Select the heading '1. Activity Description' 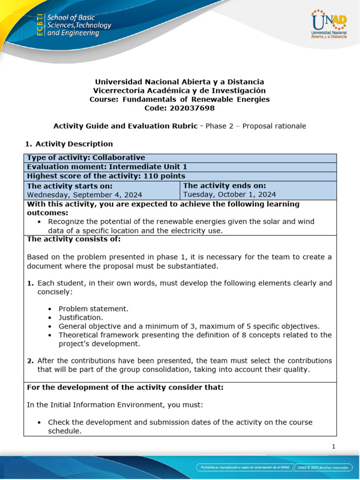pyautogui.click(x=68, y=144)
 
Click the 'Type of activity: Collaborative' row pyautogui.click(x=86, y=157)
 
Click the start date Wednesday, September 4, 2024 pyautogui.click(x=84, y=195)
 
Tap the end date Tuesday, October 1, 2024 pyautogui.click(x=229, y=195)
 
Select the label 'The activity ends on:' pyautogui.click(x=225, y=186)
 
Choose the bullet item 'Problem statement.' pyautogui.click(x=93, y=308)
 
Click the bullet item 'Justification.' pyautogui.click(x=81, y=317)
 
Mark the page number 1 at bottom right pyautogui.click(x=333, y=447)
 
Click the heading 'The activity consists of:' pyautogui.click(x=74, y=239)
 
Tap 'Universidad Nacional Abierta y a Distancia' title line pyautogui.click(x=180, y=82)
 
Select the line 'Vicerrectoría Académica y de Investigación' pyautogui.click(x=180, y=90)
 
